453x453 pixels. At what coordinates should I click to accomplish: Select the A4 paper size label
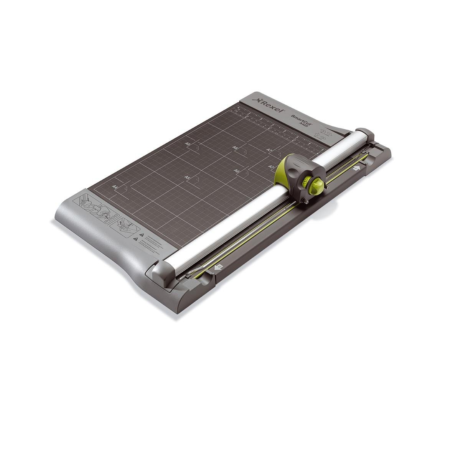click(115, 186)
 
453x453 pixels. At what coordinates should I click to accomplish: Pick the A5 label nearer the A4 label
click(187, 177)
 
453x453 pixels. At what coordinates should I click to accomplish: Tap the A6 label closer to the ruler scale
click(235, 148)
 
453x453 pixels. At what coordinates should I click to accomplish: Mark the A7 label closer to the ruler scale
click(269, 151)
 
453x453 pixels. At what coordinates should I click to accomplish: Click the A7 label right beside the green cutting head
click(270, 167)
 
